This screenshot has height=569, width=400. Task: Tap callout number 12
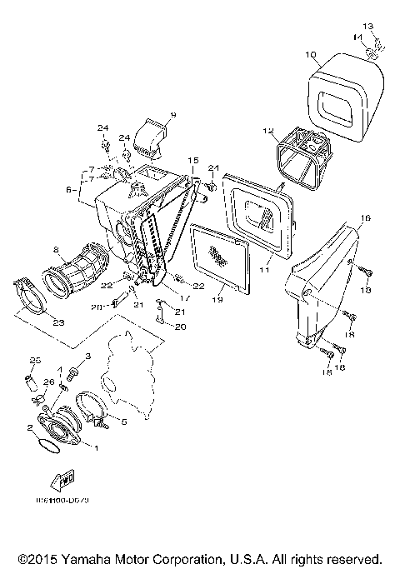(x=267, y=131)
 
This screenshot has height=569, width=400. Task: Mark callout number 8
(x=56, y=249)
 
